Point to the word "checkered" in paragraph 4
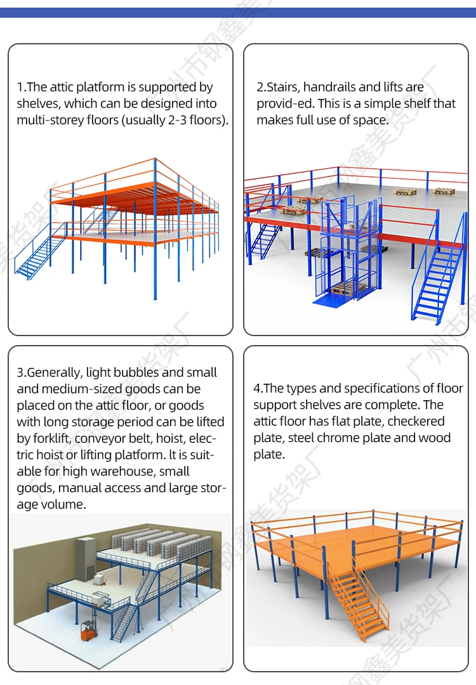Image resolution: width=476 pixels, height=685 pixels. [416, 421]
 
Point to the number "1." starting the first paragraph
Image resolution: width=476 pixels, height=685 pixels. [22, 87]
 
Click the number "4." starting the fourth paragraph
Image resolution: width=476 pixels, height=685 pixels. [258, 388]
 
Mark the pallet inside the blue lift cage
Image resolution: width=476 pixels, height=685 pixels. [348, 287]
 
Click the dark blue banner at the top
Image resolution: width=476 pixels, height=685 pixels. [238, 12]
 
